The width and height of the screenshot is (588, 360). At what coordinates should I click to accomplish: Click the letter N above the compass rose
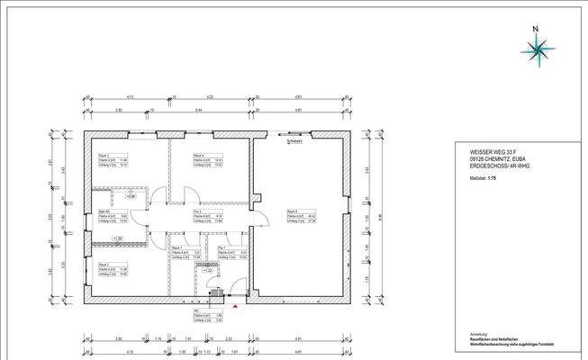click(536, 28)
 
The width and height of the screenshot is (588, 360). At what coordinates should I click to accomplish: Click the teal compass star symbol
click(537, 51)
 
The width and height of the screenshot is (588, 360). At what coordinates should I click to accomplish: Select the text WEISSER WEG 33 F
click(476, 152)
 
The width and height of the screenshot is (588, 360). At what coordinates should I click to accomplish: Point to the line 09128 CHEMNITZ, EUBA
click(484, 159)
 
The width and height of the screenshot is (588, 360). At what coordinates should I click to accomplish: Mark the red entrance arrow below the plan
click(236, 308)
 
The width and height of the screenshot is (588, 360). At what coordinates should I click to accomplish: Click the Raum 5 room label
click(292, 211)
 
